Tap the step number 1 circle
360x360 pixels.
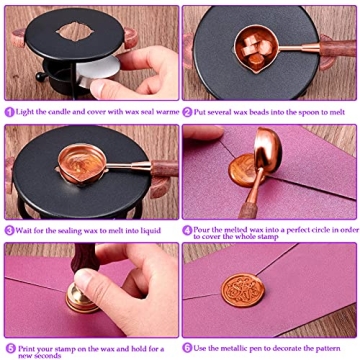point(9,113)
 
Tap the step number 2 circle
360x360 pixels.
point(187,113)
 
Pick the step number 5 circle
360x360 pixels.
point(9,347)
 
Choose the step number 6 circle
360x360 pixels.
point(187,347)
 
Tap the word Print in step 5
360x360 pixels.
point(25,347)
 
